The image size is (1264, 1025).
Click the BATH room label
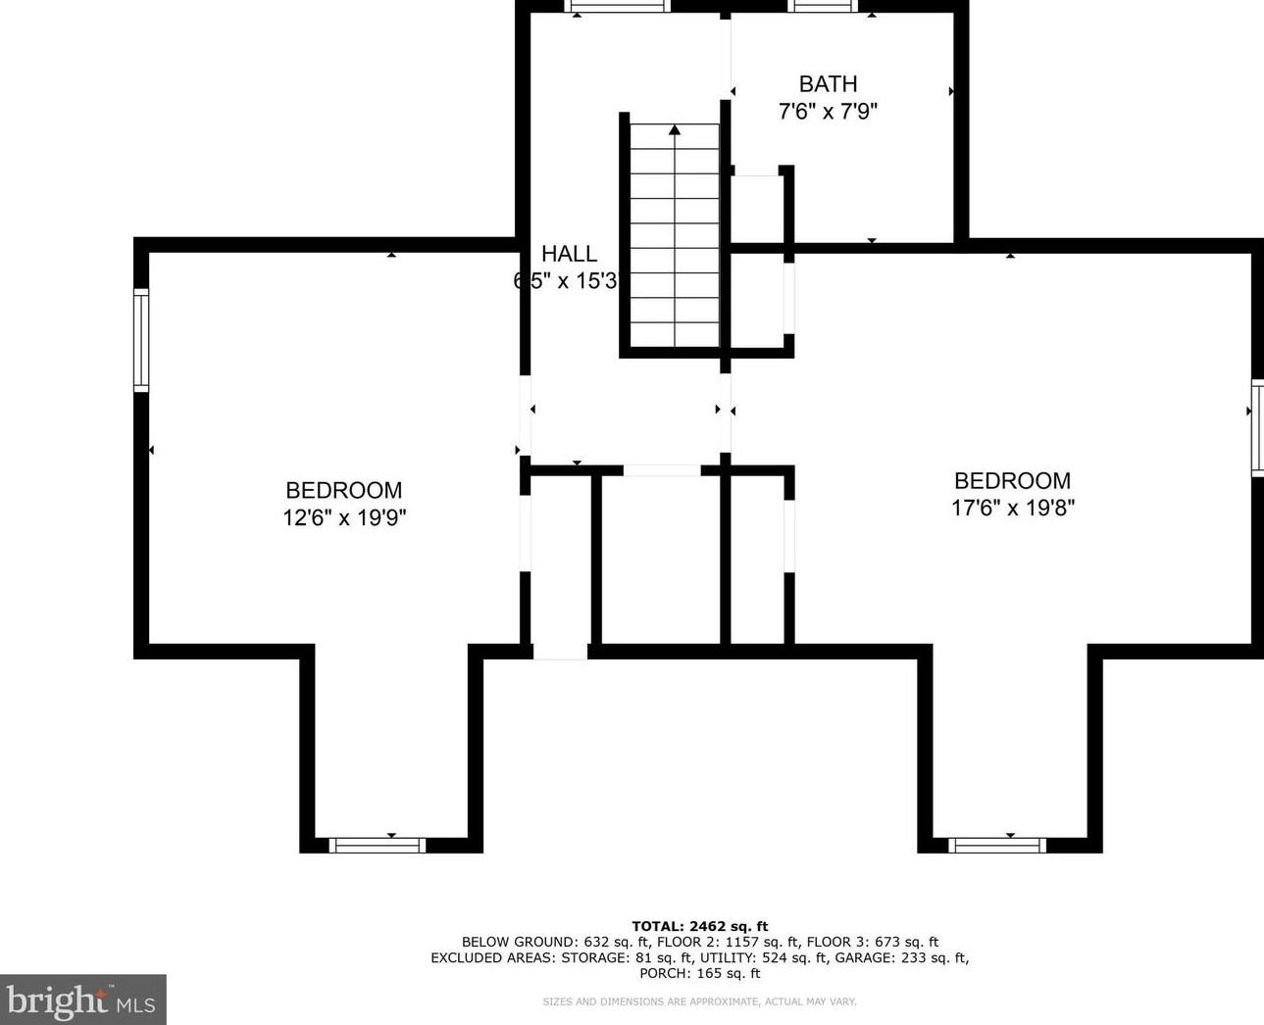point(828,84)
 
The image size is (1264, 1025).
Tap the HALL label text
point(569,255)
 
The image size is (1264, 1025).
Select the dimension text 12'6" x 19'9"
point(344,517)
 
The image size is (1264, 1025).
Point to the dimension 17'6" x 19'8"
point(1013,508)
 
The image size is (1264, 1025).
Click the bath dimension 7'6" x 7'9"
point(828,112)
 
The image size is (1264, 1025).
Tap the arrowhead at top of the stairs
point(675,129)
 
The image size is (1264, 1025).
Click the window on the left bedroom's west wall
point(141,341)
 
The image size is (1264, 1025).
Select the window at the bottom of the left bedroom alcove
point(377,845)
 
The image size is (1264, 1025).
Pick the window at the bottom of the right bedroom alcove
point(997,845)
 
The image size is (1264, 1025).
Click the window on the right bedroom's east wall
point(1256,427)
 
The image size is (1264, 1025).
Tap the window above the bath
point(824,6)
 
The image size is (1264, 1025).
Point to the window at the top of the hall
point(619,6)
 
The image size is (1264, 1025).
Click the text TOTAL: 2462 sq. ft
point(699,926)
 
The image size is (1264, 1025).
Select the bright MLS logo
point(82,1000)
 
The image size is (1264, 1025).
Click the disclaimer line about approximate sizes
point(699,1001)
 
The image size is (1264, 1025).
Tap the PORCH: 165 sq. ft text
point(699,974)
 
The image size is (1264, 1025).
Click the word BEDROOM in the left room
point(344,490)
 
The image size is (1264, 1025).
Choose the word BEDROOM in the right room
point(1013,480)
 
